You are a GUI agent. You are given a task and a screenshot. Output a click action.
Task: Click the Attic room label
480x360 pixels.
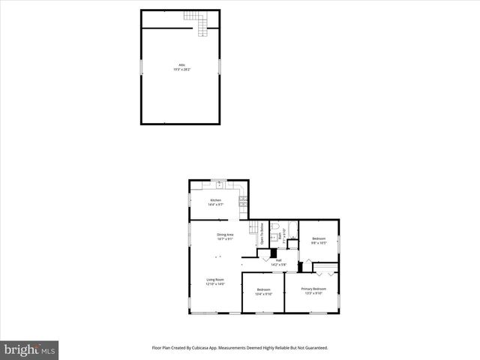point(180,65)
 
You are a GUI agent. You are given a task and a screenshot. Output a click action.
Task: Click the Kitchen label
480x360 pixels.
point(216,200)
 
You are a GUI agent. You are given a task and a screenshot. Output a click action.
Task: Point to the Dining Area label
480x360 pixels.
point(226,235)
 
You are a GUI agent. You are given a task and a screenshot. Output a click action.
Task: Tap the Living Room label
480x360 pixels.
point(216,280)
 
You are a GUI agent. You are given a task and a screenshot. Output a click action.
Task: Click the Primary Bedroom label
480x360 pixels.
point(313,289)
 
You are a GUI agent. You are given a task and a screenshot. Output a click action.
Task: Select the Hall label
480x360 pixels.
point(278,260)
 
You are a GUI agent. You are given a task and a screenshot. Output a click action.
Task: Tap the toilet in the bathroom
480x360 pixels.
point(275,226)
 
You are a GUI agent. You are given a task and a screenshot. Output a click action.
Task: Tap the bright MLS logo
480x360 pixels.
point(30,349)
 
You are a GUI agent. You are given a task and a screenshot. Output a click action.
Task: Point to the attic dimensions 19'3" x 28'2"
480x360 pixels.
point(180,70)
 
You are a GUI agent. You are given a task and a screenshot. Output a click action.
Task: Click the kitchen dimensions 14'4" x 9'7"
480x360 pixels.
point(216,205)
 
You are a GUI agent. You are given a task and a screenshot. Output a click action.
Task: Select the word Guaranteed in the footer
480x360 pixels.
point(315,348)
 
